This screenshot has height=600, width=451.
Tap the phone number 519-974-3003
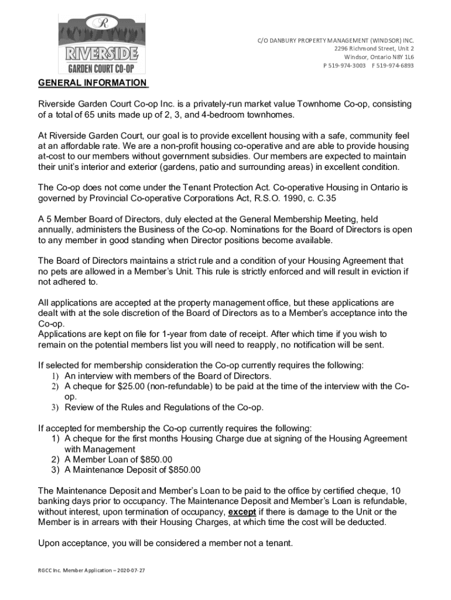349,66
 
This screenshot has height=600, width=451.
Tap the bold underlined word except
242,512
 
